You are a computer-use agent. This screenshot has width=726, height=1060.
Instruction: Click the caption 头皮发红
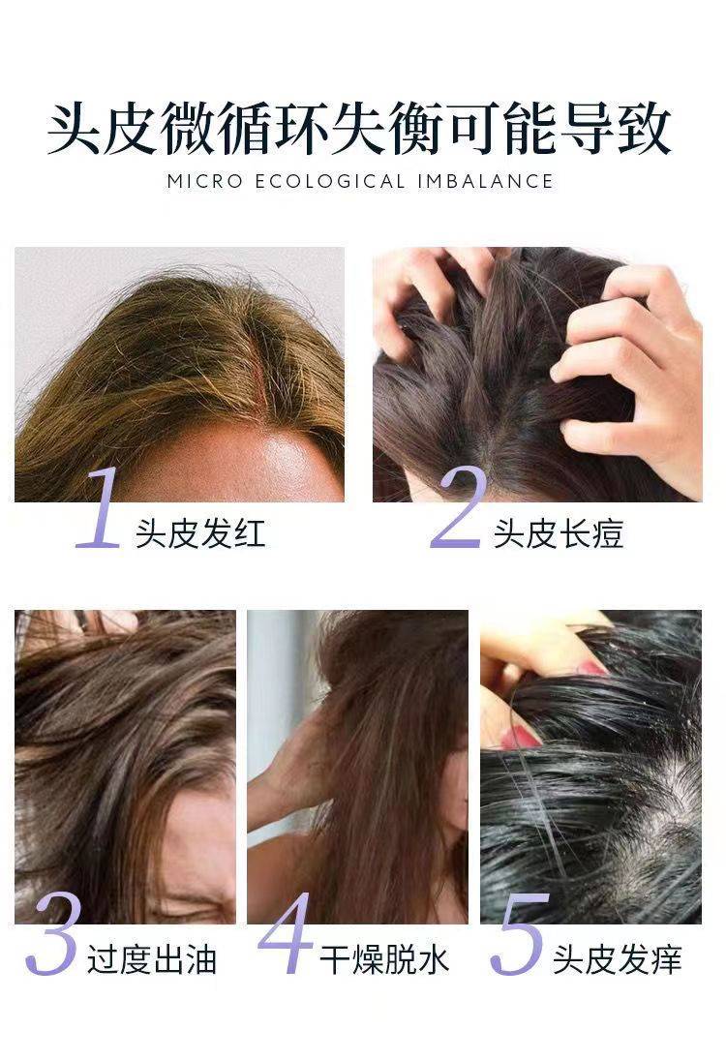point(200,533)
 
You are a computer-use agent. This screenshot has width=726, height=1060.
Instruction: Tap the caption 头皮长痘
point(559,533)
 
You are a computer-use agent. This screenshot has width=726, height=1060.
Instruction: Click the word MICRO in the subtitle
point(204,181)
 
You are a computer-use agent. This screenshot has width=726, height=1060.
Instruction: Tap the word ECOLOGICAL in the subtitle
point(330,181)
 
